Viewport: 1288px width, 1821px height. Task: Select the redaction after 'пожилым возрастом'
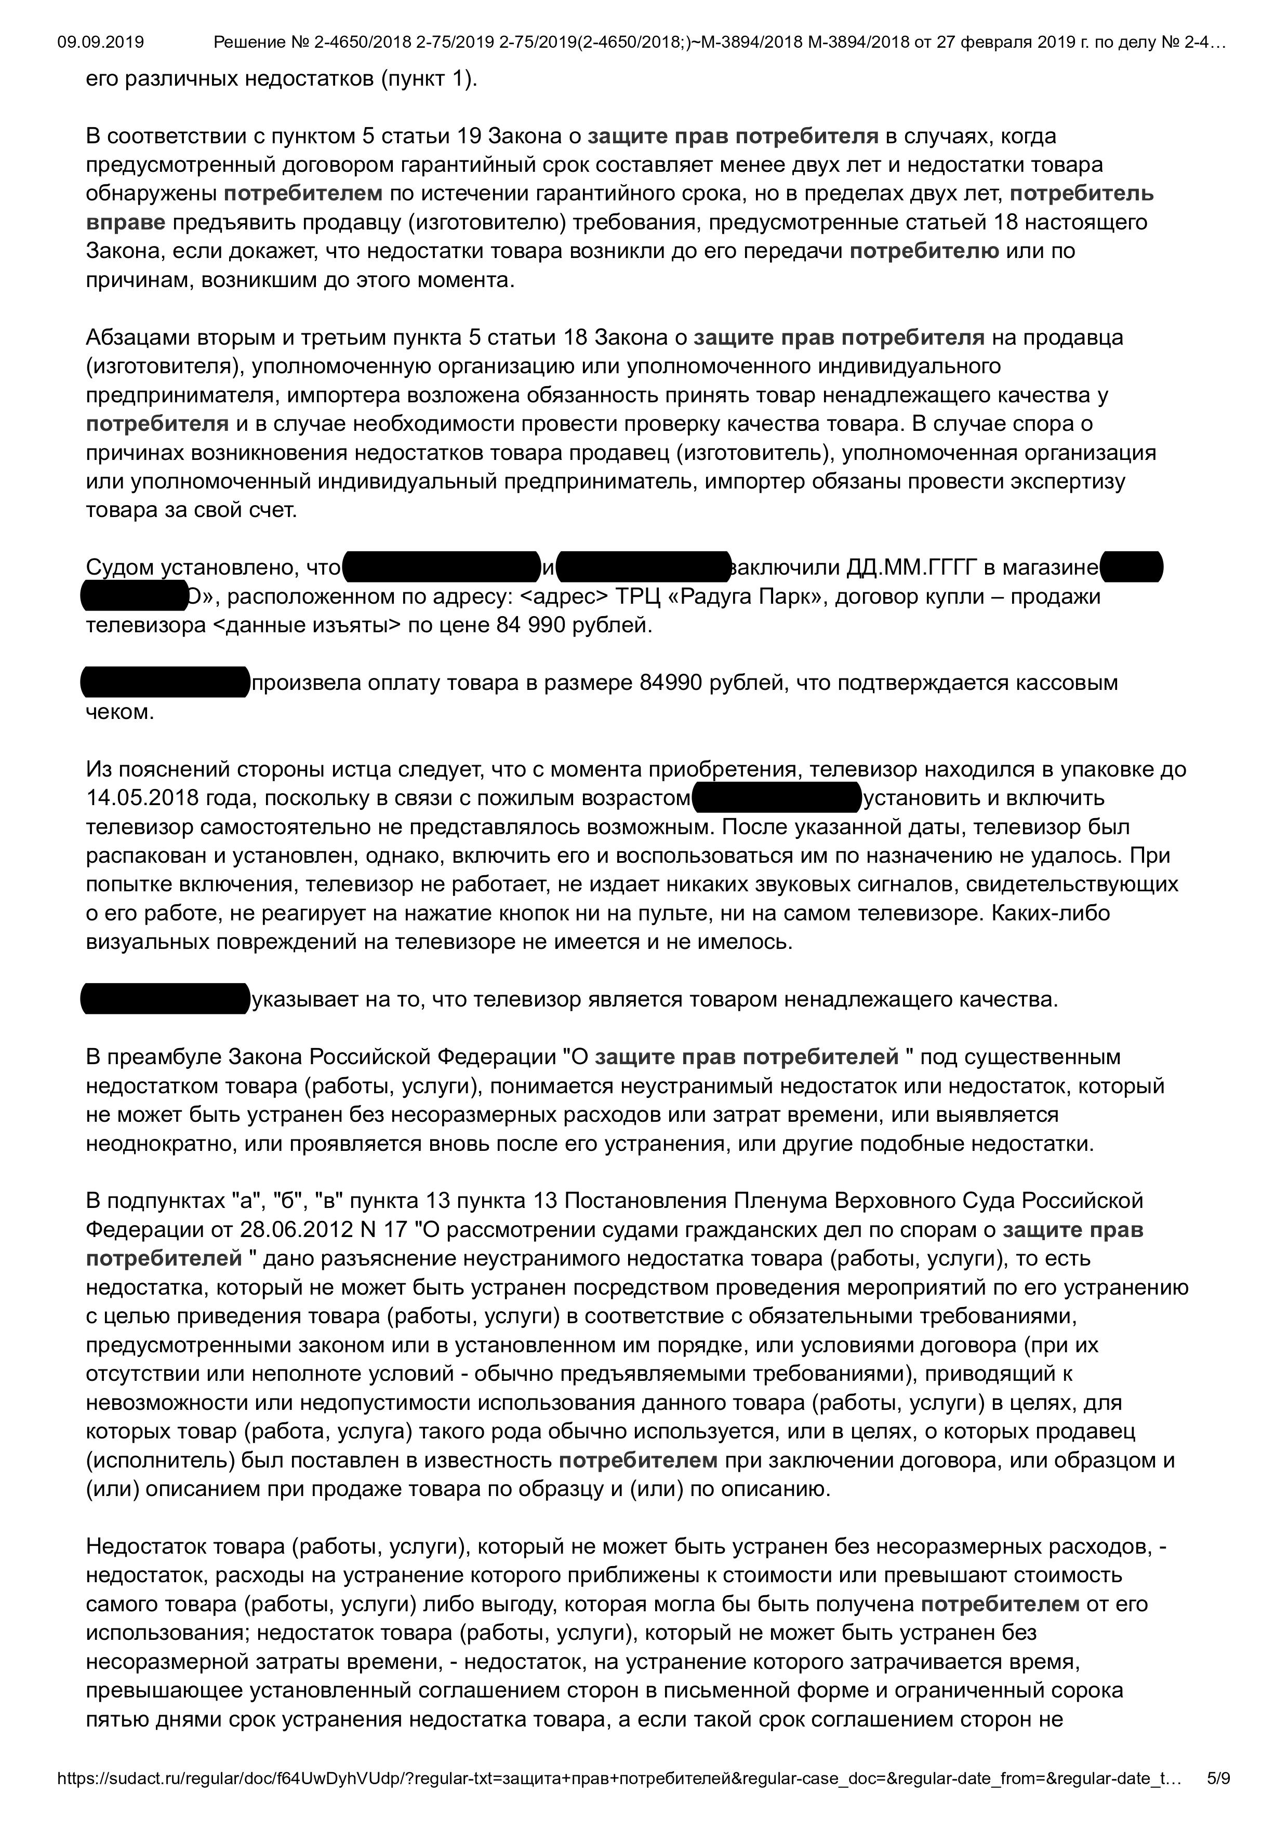[x=776, y=798]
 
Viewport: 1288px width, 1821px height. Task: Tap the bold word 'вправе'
[x=125, y=222]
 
